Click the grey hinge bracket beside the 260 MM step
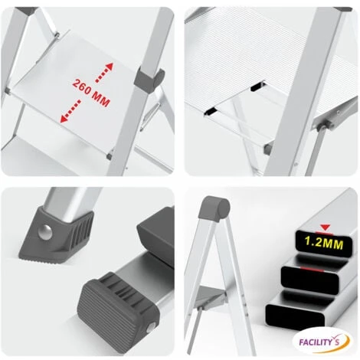click(151, 79)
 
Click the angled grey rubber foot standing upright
click(57, 233)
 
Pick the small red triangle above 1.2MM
click(326, 227)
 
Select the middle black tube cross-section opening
click(310, 277)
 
